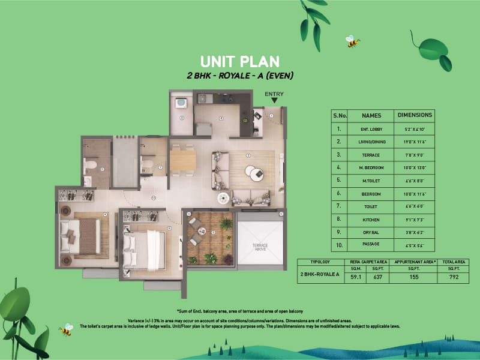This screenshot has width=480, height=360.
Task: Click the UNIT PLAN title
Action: pos(239,61)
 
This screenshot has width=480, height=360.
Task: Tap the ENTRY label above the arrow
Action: pos(274,94)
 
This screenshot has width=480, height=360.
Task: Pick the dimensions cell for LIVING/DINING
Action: pos(415,142)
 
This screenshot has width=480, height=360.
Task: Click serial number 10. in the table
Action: pos(340,245)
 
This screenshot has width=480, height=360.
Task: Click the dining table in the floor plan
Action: pos(182,160)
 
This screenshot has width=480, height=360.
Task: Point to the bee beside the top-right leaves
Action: pos(352,41)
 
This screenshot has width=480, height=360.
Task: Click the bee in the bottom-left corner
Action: pos(65,329)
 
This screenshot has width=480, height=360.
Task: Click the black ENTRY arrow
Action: pos(274,101)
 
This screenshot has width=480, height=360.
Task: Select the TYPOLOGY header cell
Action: pos(323,262)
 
